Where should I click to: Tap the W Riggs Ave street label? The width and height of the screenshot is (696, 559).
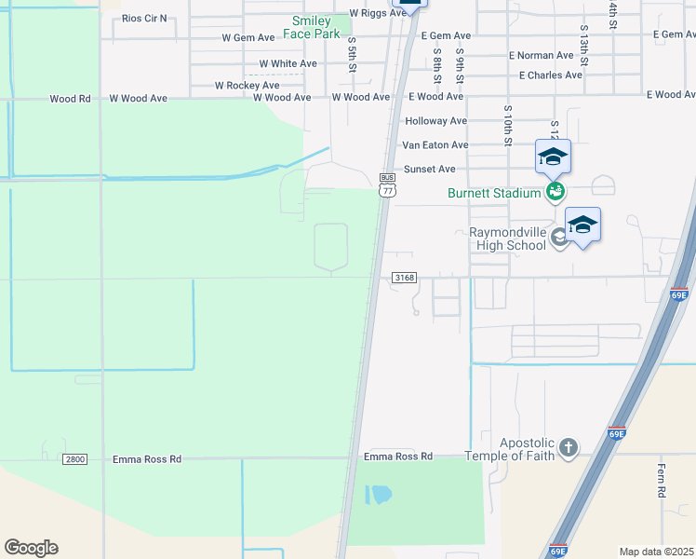coord(378,14)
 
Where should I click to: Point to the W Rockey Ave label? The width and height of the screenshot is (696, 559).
coord(247,85)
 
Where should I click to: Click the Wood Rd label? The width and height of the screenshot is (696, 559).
coord(70,98)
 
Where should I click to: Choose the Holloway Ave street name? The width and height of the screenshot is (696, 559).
coord(435,121)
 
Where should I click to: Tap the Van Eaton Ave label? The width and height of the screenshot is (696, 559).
coord(435,145)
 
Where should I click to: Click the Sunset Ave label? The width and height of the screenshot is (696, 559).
coord(429,169)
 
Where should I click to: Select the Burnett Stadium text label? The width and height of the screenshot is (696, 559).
coord(494,194)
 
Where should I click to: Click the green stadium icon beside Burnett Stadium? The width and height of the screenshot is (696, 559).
coord(555,193)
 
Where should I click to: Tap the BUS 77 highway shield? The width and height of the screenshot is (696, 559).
coord(388,184)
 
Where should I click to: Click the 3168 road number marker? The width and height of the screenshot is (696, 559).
coord(404,278)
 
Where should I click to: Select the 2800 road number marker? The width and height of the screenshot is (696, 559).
coord(75,459)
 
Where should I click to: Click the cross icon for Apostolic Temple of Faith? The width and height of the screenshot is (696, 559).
coord(568,449)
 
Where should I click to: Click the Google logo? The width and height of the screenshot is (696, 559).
coord(31,548)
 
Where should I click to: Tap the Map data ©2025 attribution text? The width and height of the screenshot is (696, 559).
coord(656,552)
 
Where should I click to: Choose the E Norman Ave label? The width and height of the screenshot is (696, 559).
coord(541,56)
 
